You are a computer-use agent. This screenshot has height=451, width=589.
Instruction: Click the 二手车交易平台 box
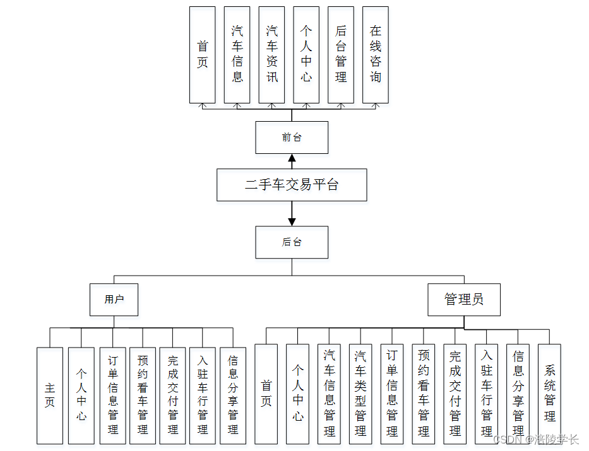(x=292, y=185)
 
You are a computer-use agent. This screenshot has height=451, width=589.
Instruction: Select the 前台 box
(x=292, y=138)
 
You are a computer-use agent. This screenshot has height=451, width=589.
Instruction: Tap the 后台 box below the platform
(x=292, y=242)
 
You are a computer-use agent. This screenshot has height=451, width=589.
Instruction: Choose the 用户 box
(x=114, y=300)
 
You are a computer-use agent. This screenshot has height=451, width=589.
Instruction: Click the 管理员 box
(x=464, y=300)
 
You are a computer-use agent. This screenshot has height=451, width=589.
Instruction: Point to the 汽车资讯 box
(x=271, y=55)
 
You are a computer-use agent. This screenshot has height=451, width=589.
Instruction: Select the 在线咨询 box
(x=376, y=55)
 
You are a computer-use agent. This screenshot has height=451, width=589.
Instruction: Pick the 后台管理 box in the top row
(x=341, y=55)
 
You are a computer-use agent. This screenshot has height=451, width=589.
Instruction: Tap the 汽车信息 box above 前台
(x=237, y=55)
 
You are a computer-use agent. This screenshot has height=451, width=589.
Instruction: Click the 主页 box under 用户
(x=50, y=395)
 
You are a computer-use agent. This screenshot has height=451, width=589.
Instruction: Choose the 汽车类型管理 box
(x=360, y=394)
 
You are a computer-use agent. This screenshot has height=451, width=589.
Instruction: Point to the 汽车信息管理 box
(x=329, y=394)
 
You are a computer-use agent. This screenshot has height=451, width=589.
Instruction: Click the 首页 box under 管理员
(x=266, y=394)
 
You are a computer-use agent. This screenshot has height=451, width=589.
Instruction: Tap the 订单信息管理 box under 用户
(x=113, y=395)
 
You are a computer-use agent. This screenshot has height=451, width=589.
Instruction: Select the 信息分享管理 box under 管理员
(x=518, y=394)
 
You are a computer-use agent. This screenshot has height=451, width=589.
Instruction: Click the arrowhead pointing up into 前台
(x=292, y=158)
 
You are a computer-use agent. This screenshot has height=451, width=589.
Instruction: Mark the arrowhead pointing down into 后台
(x=292, y=221)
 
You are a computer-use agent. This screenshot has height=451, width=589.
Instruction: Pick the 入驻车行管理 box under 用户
(x=203, y=395)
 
